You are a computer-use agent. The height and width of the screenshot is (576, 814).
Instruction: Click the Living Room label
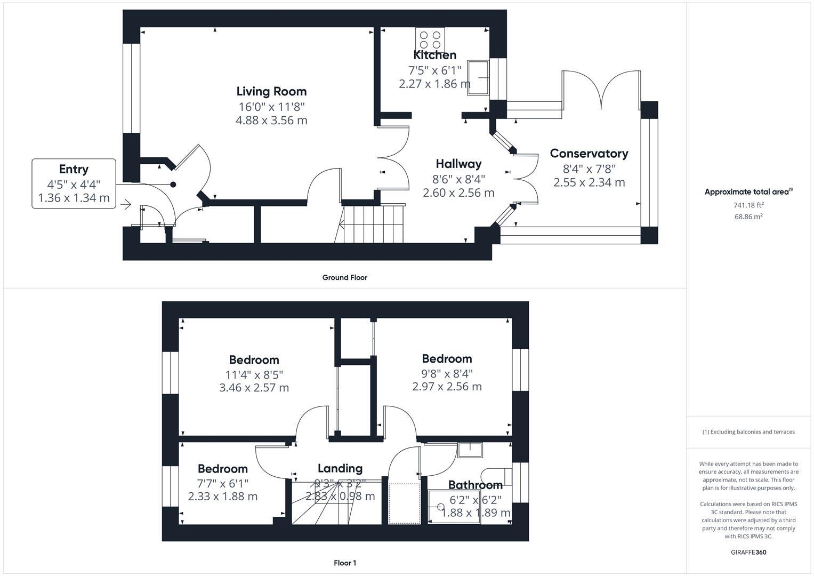[x=271, y=91]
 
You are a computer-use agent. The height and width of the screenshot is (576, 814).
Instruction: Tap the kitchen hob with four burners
[x=430, y=40]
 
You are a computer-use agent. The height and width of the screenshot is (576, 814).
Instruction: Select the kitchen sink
[x=478, y=78]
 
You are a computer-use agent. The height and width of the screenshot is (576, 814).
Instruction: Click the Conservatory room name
[x=589, y=154]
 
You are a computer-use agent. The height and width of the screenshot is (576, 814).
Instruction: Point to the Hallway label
[x=458, y=164]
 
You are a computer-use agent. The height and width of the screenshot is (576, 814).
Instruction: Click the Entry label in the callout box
[x=74, y=169]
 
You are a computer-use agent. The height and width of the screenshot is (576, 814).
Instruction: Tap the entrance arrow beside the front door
[x=126, y=204]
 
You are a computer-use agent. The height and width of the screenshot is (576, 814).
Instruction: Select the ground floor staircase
[x=373, y=222]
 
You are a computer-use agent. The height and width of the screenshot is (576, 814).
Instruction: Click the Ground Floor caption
[x=344, y=277]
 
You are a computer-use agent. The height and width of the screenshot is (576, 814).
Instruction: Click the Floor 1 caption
[x=345, y=563]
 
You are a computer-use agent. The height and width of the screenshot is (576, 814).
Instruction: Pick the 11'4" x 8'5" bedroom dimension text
[x=254, y=374]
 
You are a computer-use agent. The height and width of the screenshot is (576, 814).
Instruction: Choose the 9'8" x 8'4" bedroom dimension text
[x=447, y=373]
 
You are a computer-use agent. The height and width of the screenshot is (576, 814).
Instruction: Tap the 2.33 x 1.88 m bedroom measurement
[x=223, y=496]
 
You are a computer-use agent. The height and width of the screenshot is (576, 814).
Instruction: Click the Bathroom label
[x=475, y=485]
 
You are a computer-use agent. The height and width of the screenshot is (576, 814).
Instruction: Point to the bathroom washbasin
[x=469, y=450]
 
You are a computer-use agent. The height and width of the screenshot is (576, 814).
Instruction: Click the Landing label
[x=340, y=468]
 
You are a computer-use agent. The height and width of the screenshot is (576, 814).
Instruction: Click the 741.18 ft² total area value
[x=748, y=205]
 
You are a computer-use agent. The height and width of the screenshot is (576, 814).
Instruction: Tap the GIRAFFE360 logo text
[x=748, y=552]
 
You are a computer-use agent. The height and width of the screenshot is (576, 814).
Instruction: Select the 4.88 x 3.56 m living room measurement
[x=271, y=120]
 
